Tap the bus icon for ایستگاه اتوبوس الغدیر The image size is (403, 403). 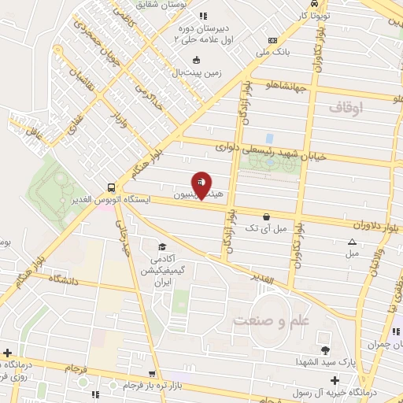[x=111, y=188]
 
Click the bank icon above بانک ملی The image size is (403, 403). [x=272, y=40]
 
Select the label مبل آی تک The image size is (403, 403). [x=264, y=228]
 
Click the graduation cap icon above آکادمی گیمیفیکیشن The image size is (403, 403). [x=162, y=246]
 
